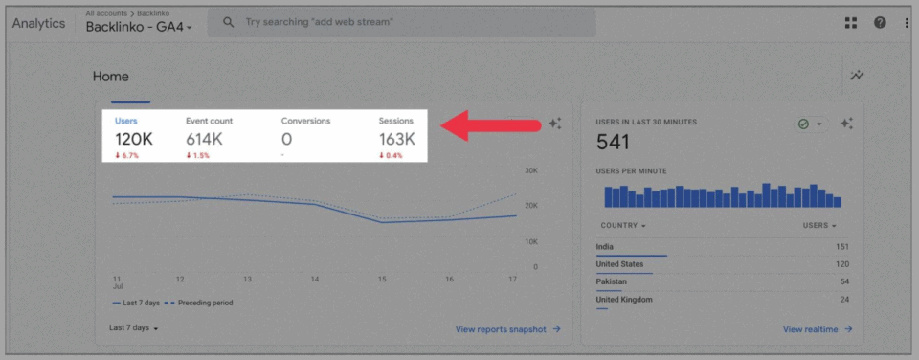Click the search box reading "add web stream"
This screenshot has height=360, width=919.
402,22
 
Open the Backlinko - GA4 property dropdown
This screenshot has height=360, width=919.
139,27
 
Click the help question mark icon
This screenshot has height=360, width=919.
880,23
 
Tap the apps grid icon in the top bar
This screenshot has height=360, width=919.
851,23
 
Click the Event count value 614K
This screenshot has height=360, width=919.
204,139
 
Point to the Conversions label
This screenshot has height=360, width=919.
305,121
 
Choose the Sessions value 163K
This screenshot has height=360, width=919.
396,139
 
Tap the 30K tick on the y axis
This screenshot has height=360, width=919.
530,171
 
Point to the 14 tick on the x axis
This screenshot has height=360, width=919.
315,279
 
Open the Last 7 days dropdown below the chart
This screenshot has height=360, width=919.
133,328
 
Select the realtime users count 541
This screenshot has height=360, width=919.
613,143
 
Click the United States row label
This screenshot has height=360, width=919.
619,264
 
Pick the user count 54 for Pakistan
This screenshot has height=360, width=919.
842,281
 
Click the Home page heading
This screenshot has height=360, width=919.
110,77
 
